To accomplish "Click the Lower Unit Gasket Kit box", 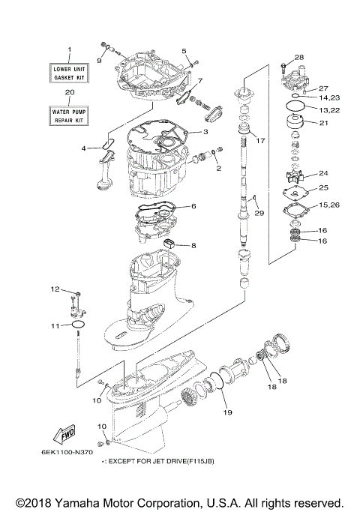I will point(69,73).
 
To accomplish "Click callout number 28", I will point(299,58).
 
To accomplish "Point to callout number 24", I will point(323,173).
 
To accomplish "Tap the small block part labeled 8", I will point(170,243).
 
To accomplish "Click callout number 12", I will point(55,289).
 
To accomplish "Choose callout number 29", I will point(259,214).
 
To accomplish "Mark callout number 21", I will point(323,124).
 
